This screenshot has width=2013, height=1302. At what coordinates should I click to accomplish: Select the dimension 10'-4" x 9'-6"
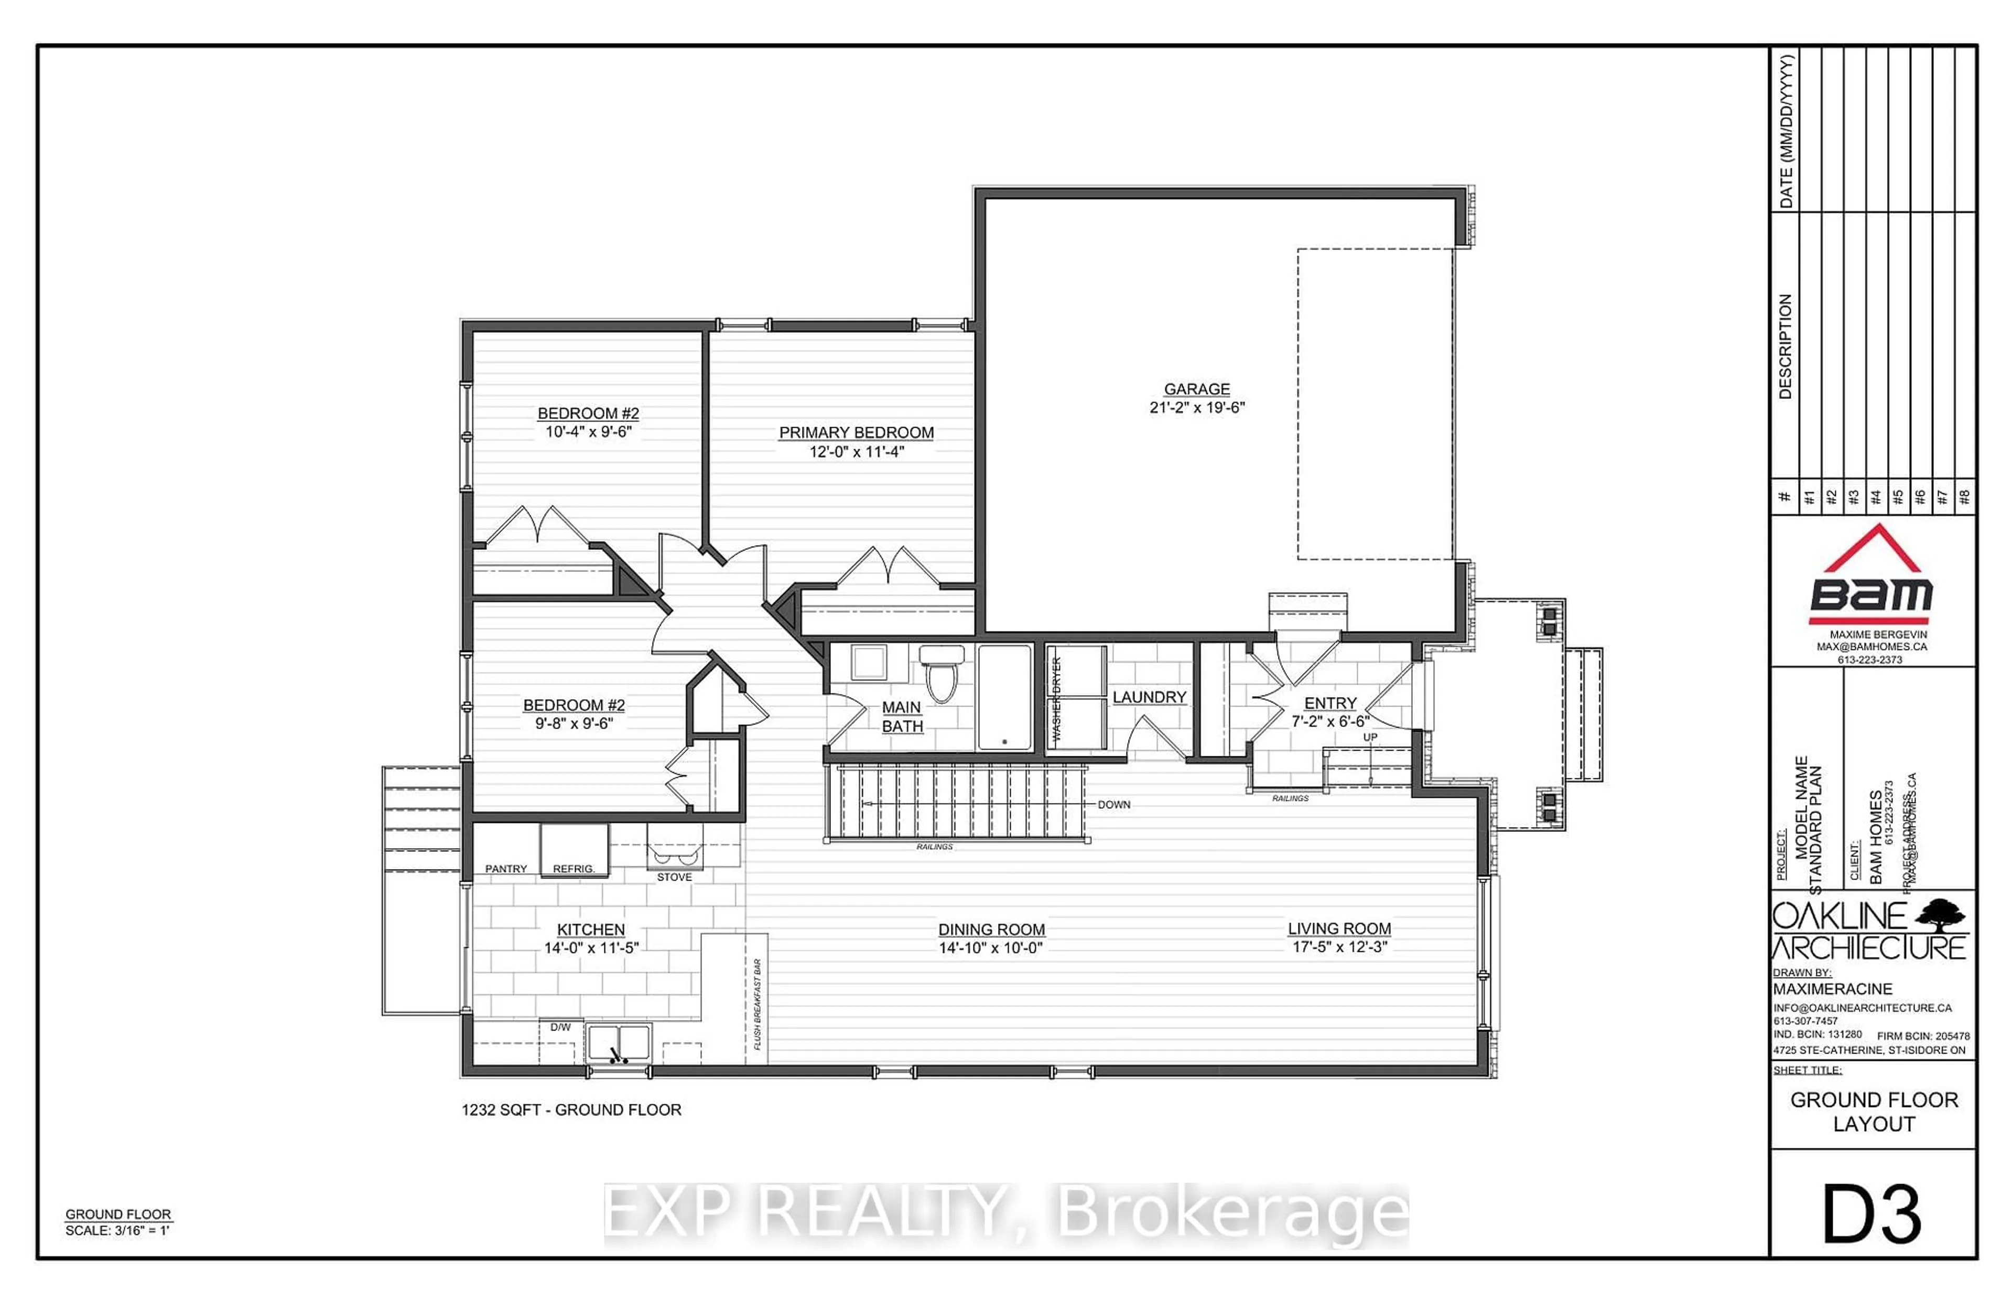click(588, 432)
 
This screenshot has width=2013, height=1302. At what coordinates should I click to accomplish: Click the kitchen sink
click(618, 1043)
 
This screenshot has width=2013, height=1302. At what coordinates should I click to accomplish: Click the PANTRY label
click(505, 869)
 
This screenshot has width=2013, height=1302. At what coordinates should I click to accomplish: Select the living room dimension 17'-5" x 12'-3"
click(1339, 947)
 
